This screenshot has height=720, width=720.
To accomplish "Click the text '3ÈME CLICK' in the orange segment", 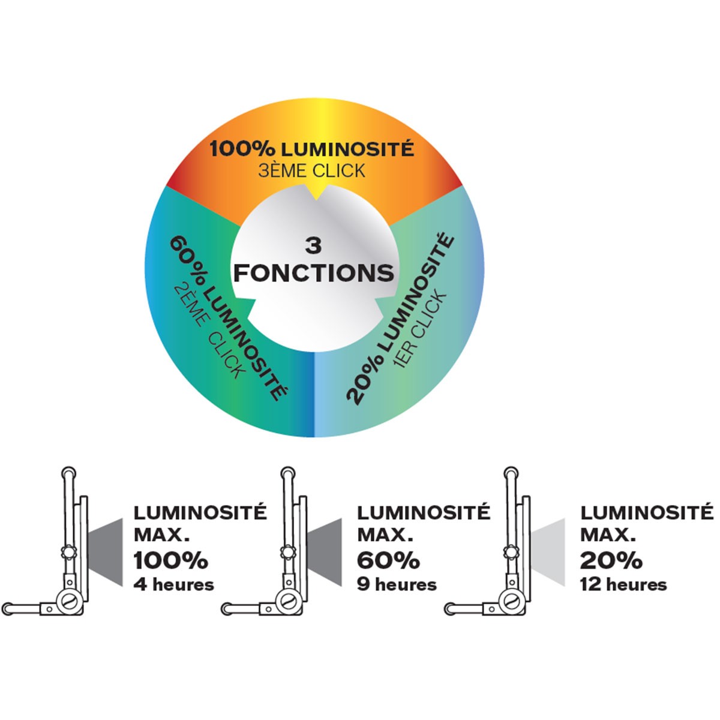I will point(311,171).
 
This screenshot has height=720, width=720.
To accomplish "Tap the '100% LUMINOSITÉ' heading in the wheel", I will point(311,148).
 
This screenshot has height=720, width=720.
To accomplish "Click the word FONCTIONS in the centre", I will point(313,273).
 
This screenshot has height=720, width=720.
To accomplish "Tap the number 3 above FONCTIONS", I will point(313,246).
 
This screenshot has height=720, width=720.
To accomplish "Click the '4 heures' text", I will point(173,584).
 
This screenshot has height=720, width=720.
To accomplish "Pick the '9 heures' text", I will point(397,584).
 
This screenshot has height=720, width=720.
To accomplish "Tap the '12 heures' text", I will point(623,584).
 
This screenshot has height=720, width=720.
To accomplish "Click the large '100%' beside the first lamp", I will point(170,560).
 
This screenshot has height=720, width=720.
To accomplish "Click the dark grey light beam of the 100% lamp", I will point(107,551).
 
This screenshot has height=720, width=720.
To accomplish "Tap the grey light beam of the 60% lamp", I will point(329,551).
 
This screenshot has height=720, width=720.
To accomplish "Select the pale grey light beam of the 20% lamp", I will point(551,551).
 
